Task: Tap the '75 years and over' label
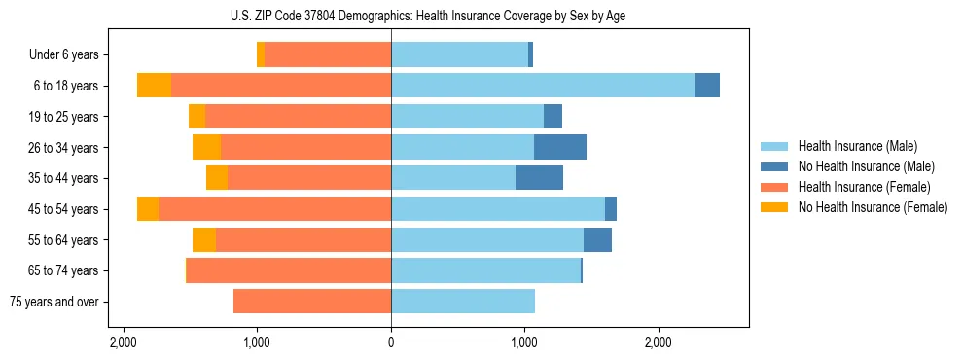point(54,302)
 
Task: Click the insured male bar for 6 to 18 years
point(543,86)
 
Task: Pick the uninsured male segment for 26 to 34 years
point(560,147)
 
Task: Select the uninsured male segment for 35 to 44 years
point(539,178)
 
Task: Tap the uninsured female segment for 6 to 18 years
point(154,86)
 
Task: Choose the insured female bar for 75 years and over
point(312,302)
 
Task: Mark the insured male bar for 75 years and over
point(463,302)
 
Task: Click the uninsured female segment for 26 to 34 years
point(206,147)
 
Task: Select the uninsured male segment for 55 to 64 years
point(597,239)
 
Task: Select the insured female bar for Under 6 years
point(328,55)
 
